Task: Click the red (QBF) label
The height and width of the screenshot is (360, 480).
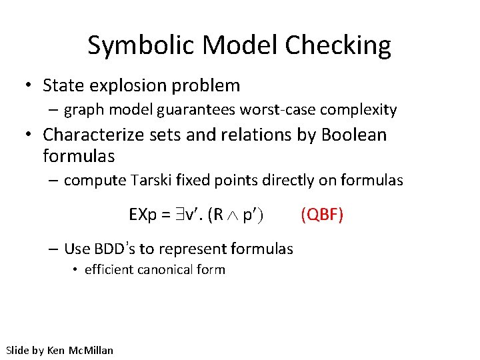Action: click(x=322, y=215)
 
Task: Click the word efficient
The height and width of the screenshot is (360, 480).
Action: click(x=109, y=270)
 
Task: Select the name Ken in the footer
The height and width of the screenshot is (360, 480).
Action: click(x=57, y=350)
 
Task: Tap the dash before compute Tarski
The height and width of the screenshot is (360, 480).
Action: click(x=54, y=180)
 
